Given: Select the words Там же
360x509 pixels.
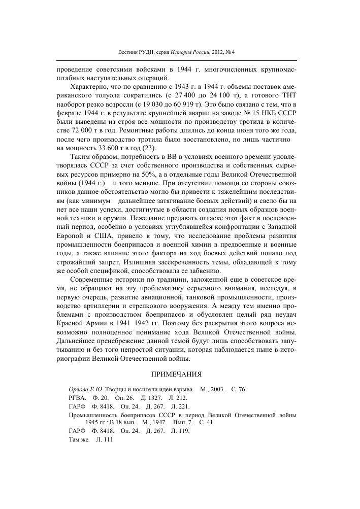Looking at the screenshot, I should pyautogui.click(x=72, y=441).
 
